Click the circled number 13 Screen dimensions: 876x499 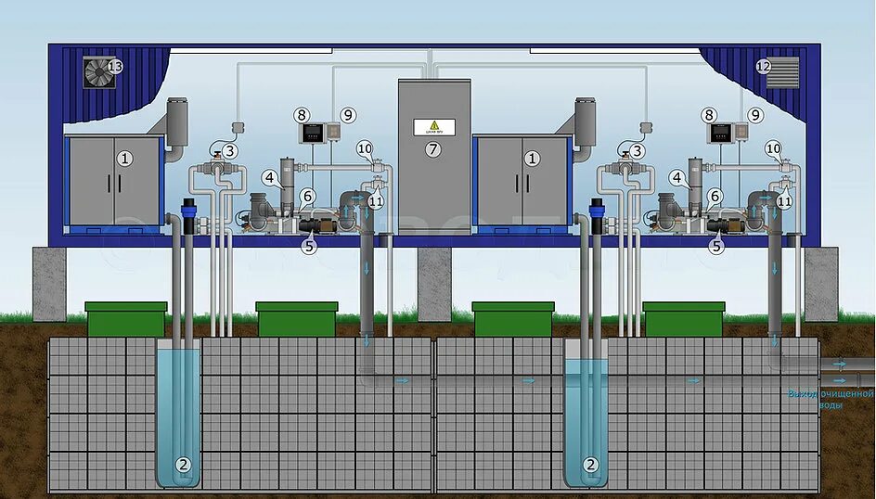point(115,67)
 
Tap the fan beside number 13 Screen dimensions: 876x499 point(97,71)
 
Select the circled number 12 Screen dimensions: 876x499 point(763,67)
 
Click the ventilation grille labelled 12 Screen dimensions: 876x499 point(782,72)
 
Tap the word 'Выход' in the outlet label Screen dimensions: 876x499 point(802,394)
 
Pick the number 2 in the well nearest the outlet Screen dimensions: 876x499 point(589,464)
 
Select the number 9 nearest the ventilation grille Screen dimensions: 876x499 point(754,115)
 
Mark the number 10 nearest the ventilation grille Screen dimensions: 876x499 point(773,147)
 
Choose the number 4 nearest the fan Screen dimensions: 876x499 point(269,176)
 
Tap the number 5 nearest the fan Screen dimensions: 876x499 point(309,247)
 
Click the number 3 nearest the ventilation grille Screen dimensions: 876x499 point(638,150)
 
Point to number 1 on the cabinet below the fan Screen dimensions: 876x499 point(125,159)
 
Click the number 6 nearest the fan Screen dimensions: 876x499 point(306,196)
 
